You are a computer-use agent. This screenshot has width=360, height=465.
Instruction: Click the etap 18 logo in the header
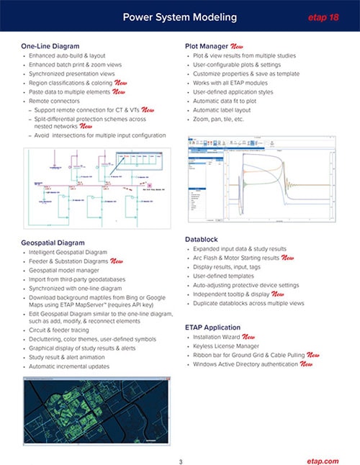coord(323,16)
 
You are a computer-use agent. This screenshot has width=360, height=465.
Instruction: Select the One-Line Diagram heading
coord(54,46)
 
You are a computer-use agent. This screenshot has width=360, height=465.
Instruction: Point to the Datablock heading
coord(205,238)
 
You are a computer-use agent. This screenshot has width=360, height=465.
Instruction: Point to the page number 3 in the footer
coord(180,442)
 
